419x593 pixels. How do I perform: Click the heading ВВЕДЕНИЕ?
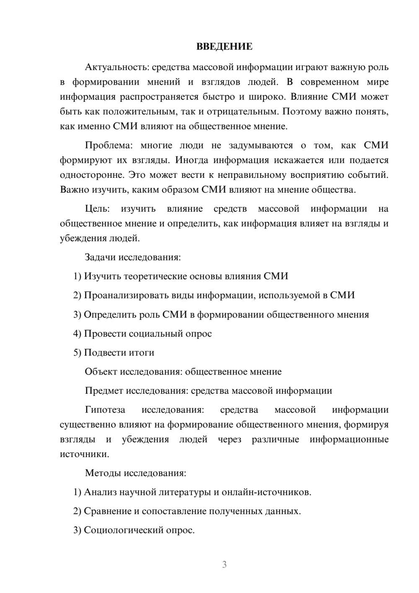tap(224, 47)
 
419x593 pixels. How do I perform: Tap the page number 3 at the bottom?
tap(224, 564)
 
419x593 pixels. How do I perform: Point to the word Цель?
tap(97, 209)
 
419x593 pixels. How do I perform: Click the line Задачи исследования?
tap(133, 257)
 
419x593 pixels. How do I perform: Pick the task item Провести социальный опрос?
tap(142, 334)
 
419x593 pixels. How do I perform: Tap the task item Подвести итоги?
tap(114, 353)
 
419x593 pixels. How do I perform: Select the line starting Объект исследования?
tap(183, 372)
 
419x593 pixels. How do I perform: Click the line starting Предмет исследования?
tap(208, 391)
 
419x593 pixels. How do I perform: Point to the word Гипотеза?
tap(105, 410)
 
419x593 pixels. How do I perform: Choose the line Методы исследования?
tap(135, 473)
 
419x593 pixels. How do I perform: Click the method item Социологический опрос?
tap(134, 530)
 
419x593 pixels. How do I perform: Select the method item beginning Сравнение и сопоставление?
tap(187, 511)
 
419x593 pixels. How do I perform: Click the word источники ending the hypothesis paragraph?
tap(84, 454)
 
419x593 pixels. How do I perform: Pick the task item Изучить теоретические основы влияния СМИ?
tap(181, 276)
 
